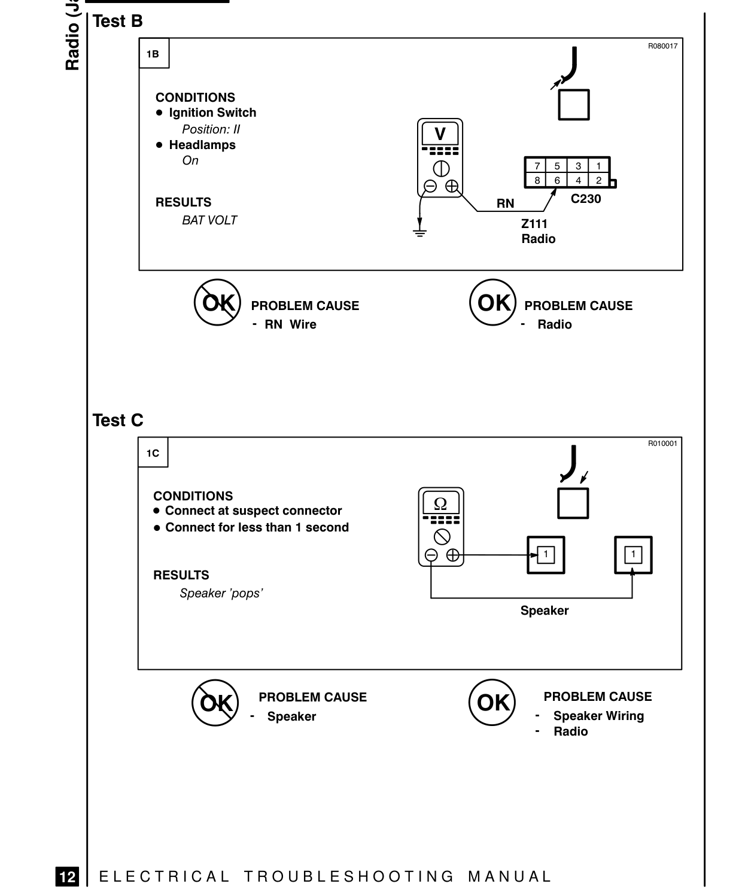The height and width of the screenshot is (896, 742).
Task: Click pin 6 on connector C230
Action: click(x=556, y=180)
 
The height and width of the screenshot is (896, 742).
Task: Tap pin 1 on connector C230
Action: click(x=598, y=166)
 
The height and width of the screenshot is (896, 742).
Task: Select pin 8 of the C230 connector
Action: click(x=536, y=180)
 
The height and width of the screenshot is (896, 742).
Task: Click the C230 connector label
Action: click(x=585, y=199)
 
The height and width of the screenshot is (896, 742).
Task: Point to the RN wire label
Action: click(x=505, y=204)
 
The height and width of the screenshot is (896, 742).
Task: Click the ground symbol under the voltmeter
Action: click(x=419, y=231)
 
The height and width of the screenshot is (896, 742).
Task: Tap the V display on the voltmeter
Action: click(x=440, y=134)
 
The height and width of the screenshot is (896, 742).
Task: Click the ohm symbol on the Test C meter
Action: click(x=441, y=503)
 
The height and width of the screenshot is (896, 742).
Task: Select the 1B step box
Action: click(x=154, y=53)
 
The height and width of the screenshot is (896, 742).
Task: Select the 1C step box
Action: click(x=153, y=452)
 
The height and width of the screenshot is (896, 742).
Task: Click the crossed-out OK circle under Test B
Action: click(x=217, y=302)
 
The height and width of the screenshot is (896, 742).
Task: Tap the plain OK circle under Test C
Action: click(x=492, y=703)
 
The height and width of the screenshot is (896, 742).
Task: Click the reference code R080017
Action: click(x=662, y=46)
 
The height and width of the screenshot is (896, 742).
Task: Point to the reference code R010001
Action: click(x=662, y=444)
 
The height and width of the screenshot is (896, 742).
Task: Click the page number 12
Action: click(x=68, y=876)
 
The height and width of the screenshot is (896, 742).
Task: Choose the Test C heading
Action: click(x=118, y=420)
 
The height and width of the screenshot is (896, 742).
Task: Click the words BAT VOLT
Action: click(x=209, y=220)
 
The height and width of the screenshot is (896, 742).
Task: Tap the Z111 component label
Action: click(x=534, y=224)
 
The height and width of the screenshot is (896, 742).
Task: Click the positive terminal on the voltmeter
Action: click(x=451, y=186)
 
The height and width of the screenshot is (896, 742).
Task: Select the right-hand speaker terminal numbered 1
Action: click(x=633, y=554)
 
